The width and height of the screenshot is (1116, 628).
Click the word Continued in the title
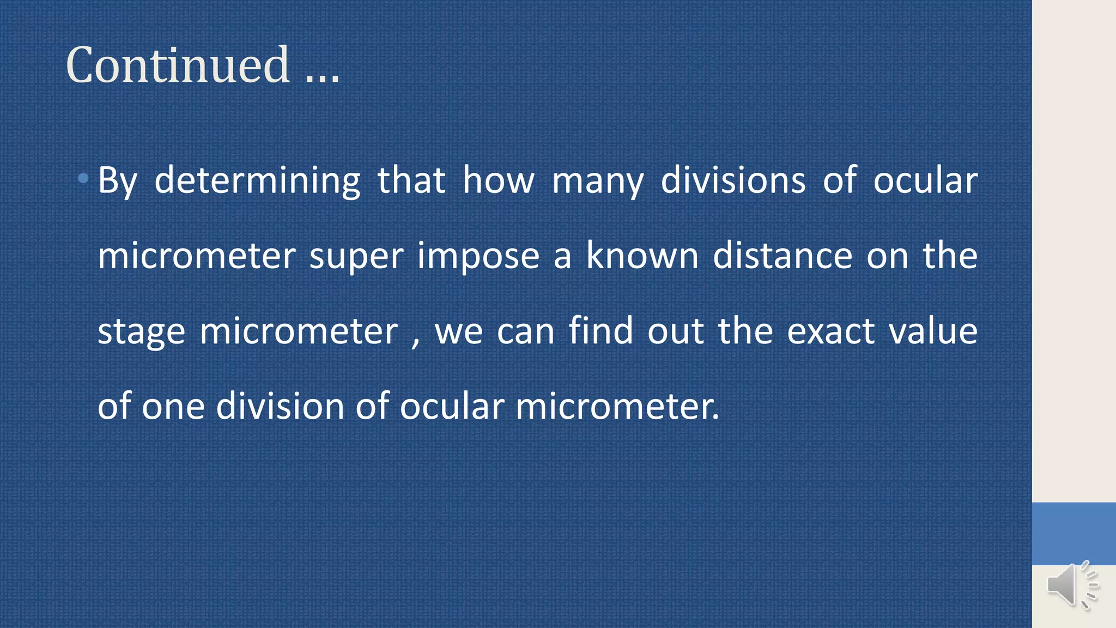coord(178,65)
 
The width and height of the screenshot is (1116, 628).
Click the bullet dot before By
coord(83,178)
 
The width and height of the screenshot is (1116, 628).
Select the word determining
coord(257,181)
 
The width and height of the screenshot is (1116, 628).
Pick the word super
coord(356,256)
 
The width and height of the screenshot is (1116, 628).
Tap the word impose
coord(478,256)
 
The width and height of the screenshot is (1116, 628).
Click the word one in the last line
coord(173,407)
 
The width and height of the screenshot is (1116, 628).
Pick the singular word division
coord(280,406)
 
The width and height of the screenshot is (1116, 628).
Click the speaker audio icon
coord(1071,584)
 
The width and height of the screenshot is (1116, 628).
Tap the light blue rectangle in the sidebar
coord(1073,533)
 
